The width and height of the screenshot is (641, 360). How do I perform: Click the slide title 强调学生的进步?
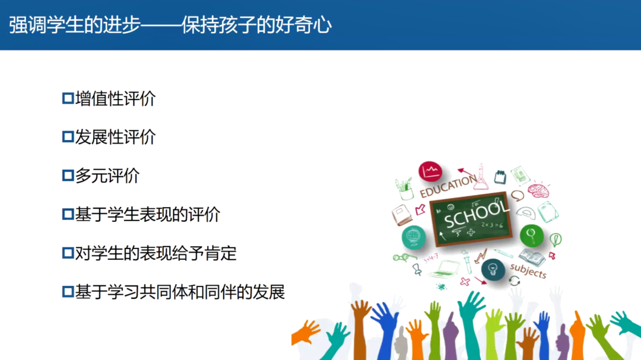point(74,25)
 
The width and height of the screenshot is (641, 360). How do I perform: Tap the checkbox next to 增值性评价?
point(68,98)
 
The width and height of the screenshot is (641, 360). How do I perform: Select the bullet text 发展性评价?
point(115,137)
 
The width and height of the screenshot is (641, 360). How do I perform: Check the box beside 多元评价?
point(68,176)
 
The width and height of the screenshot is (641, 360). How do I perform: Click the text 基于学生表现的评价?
point(148,215)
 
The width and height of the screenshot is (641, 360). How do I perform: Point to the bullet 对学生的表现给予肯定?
point(156,253)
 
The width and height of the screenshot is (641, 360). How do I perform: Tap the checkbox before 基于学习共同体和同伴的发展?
point(68,292)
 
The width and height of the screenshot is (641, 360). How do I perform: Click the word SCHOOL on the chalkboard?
point(476,215)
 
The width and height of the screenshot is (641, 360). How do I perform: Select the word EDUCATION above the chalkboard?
point(448,186)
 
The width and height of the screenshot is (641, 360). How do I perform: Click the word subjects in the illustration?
point(528,270)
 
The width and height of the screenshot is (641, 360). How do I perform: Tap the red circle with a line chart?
point(430,171)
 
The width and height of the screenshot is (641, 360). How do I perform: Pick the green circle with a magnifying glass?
point(531,235)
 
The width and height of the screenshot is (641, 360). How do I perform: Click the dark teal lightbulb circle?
point(493,269)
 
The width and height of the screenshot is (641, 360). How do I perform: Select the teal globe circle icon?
point(413,237)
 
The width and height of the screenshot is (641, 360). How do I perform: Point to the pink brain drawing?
point(538,190)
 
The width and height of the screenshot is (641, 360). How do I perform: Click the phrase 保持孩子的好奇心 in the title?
point(256,25)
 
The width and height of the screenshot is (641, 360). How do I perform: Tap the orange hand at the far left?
point(306,332)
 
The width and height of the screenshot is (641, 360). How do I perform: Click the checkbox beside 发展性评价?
point(68,137)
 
